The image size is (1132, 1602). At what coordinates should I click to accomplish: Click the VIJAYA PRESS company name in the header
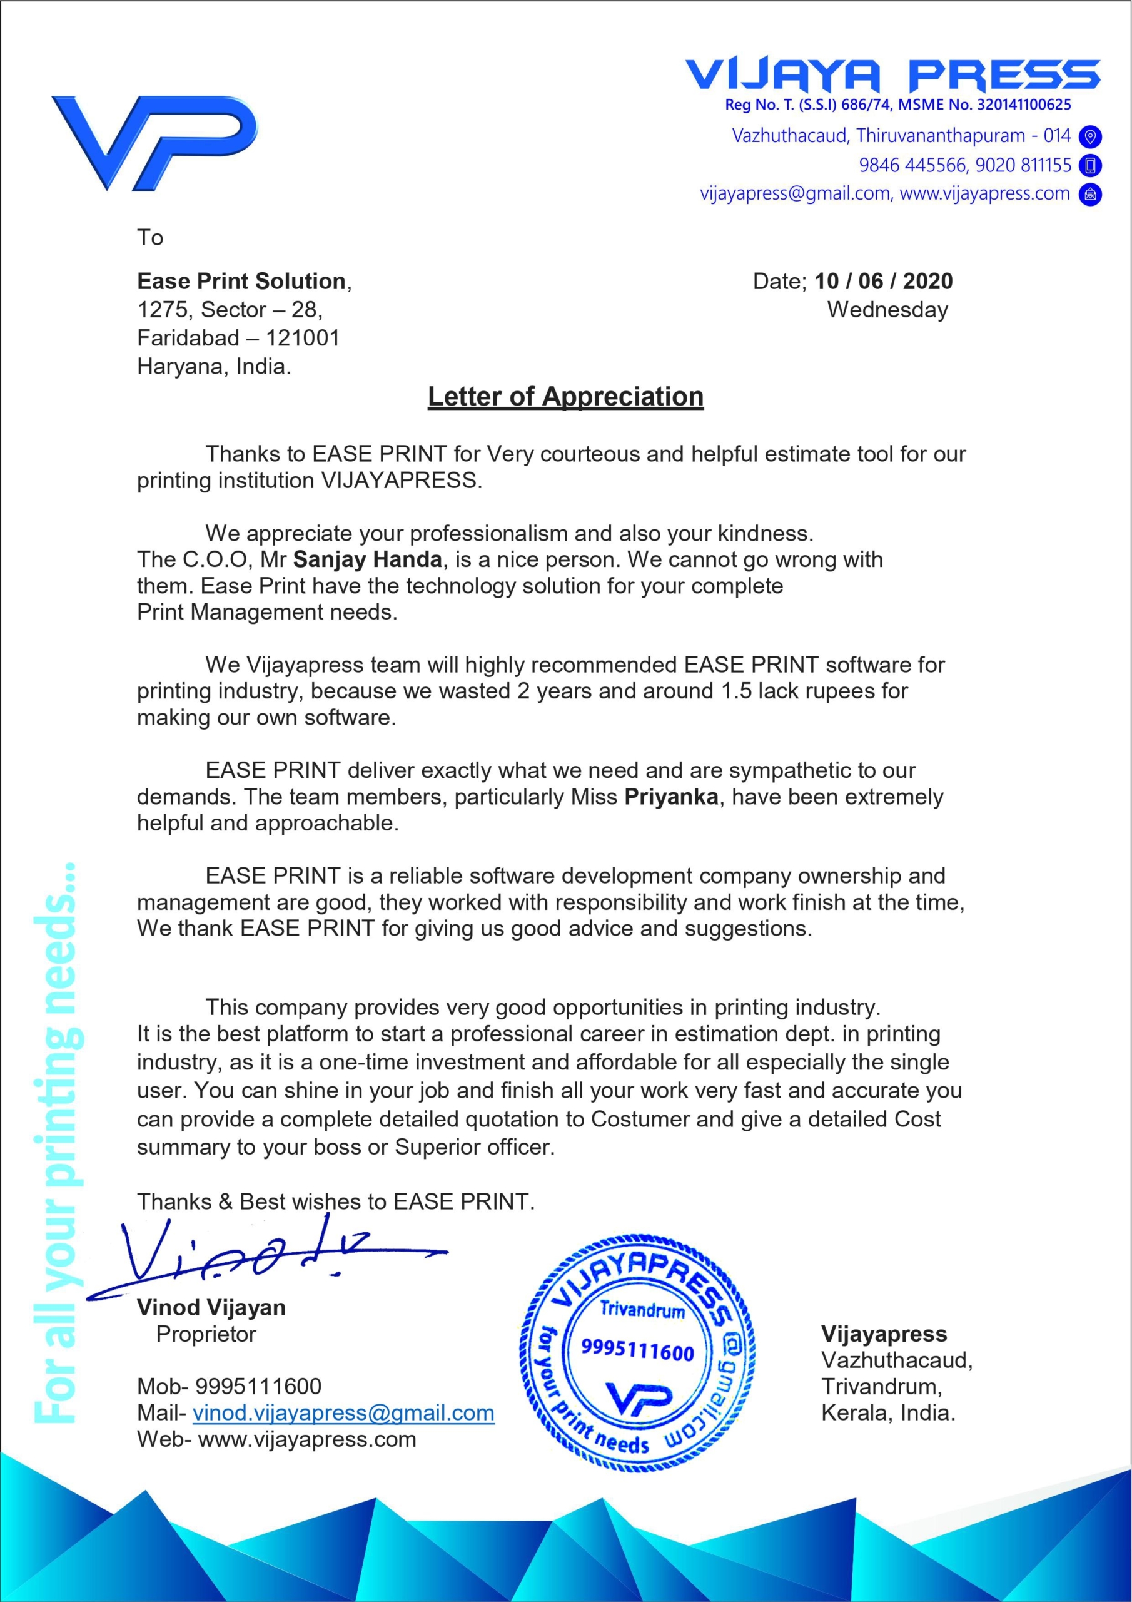(x=892, y=74)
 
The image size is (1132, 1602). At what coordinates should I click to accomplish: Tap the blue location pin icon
(x=1089, y=137)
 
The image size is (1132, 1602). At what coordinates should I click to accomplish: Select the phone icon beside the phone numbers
(x=1089, y=165)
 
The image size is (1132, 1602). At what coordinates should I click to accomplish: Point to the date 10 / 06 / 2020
(x=883, y=281)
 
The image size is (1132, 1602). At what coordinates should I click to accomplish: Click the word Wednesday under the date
(x=887, y=310)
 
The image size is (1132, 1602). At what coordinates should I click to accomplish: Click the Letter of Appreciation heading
(x=565, y=396)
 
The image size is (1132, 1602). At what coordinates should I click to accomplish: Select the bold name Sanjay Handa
(x=368, y=559)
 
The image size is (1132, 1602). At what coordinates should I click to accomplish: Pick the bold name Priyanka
(x=671, y=797)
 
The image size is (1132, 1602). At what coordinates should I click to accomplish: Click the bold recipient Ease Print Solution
(x=241, y=281)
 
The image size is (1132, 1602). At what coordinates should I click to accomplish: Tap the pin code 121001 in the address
(x=303, y=339)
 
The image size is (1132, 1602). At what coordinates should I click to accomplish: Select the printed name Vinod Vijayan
(x=211, y=1307)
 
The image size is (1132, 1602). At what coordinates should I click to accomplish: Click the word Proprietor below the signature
(x=206, y=1334)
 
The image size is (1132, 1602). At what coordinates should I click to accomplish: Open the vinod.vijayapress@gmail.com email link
(x=343, y=1413)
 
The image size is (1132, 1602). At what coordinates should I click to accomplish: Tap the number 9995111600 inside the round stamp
(x=637, y=1351)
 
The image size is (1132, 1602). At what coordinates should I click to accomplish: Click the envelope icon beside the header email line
(x=1089, y=194)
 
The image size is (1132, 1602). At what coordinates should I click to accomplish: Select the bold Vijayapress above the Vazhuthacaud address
(x=884, y=1334)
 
